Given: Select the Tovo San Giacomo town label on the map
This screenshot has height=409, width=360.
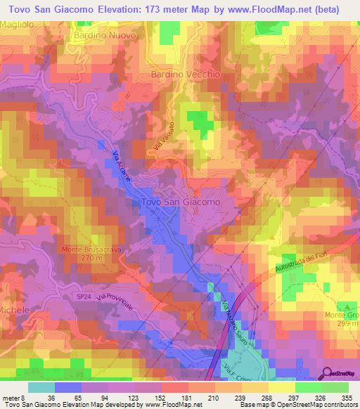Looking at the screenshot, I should point(181,202).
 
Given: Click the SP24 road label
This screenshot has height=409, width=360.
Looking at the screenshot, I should point(84,297).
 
